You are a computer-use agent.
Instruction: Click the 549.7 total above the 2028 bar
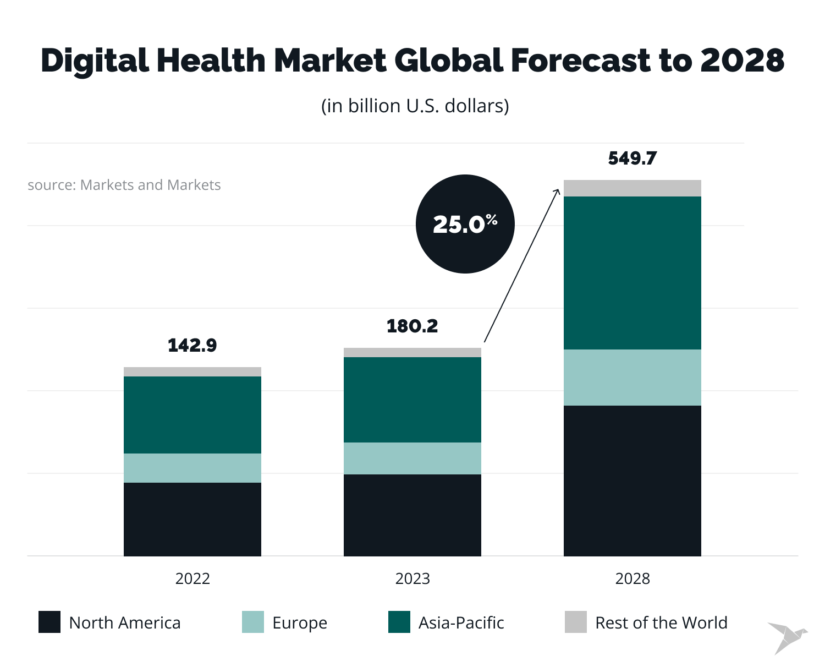[x=632, y=159]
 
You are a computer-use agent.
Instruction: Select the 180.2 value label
[x=413, y=326]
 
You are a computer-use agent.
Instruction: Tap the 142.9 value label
[x=193, y=345]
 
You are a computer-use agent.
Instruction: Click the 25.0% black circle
[x=465, y=224]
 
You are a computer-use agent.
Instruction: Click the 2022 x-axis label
[x=193, y=578]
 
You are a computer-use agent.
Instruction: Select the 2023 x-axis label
[x=413, y=578]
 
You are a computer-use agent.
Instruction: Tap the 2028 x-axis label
[x=632, y=578]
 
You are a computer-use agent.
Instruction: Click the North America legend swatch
[x=50, y=622]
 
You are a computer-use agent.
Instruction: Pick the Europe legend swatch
[x=253, y=622]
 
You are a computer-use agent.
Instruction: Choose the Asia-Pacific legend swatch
[x=399, y=622]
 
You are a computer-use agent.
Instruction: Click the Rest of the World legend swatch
[x=576, y=622]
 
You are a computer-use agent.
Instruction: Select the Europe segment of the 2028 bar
[x=632, y=378]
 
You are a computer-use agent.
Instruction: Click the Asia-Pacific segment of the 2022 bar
[x=193, y=415]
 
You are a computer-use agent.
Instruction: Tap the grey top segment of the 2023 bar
[x=413, y=352]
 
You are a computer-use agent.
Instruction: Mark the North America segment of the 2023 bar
[x=413, y=515]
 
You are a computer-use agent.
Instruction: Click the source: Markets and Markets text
[x=124, y=185]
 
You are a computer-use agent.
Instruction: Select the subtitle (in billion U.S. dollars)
[x=415, y=106]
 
